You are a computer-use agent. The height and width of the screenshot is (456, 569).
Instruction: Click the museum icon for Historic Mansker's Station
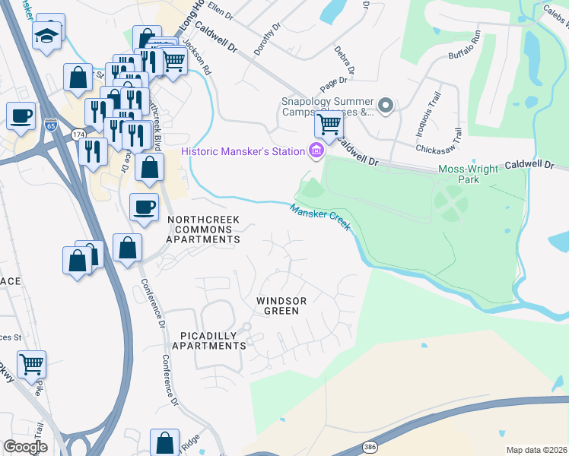coord(315,151)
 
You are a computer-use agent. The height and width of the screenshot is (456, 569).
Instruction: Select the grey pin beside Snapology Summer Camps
coord(386,106)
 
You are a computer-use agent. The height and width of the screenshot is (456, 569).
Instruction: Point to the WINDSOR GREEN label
coord(281,306)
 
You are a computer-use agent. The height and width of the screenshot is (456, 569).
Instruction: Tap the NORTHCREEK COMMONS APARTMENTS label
coord(203,230)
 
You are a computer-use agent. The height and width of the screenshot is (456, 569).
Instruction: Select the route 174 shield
coord(78,135)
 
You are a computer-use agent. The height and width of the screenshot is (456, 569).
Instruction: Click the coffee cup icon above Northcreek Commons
coord(143,205)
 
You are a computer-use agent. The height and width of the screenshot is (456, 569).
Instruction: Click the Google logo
coord(25,447)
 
